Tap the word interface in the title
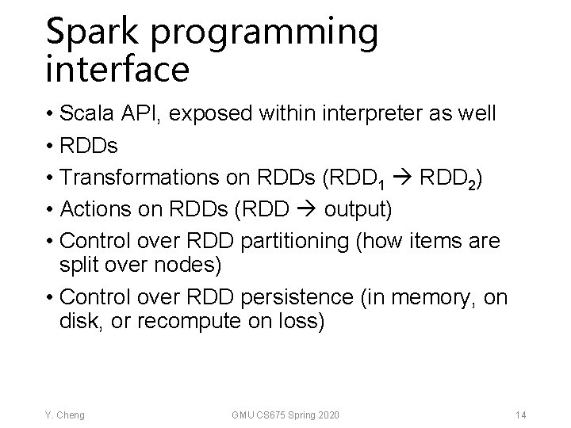pyautogui.click(x=117, y=70)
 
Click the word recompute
pyautogui.click(x=190, y=322)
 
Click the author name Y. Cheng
pyautogui.click(x=66, y=414)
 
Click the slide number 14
pyautogui.click(x=520, y=414)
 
